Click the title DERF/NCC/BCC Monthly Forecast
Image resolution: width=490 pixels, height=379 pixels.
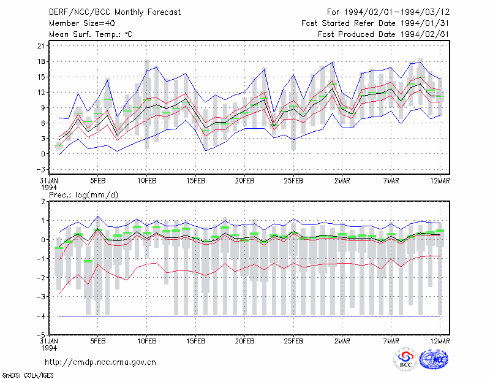pos(115,12)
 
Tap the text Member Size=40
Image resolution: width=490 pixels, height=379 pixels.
pos(82,23)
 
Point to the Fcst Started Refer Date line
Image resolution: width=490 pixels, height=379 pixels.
pos(375,23)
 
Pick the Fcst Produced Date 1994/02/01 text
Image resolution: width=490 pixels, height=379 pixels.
pos(383,34)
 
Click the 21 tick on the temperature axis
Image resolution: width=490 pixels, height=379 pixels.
pos(41,46)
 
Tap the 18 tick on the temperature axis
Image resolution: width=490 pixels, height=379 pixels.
pos(41,61)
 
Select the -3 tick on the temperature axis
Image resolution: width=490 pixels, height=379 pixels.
pos(40,169)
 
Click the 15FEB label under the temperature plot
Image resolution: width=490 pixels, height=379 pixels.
pos(195,181)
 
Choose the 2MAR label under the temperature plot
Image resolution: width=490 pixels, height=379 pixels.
pos(342,181)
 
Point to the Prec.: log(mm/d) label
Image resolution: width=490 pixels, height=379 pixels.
pos(83,195)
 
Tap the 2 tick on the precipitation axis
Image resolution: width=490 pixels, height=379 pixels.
pos(43,201)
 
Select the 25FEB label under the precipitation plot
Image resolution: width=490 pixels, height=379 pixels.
pos(293,341)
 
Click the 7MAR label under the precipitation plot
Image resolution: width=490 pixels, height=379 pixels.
pos(391,341)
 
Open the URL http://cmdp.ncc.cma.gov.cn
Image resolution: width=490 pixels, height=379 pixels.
pos(100,362)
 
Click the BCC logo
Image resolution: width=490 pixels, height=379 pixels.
pos(405,359)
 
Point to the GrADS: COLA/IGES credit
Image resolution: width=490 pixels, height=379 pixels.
pos(28,375)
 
